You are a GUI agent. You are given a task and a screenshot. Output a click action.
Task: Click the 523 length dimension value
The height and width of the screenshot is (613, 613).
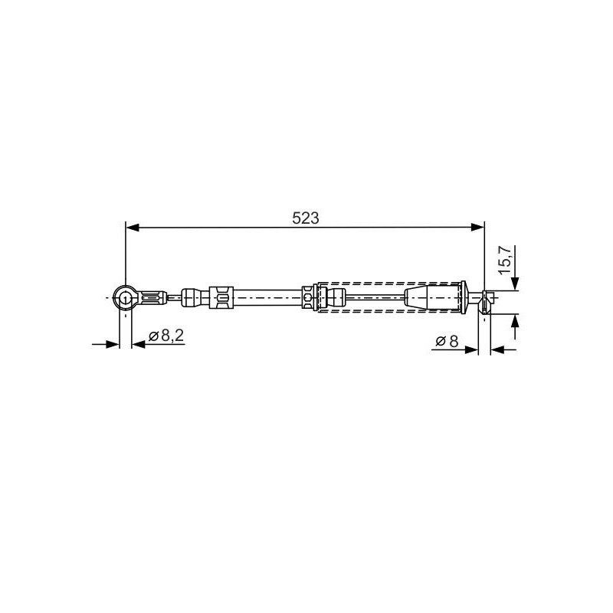305,218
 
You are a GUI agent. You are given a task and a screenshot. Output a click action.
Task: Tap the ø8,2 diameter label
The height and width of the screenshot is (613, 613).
166,336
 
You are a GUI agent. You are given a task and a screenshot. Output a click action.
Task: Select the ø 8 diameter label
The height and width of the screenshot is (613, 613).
447,341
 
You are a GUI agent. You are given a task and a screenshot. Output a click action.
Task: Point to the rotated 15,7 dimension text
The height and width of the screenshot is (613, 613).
505,260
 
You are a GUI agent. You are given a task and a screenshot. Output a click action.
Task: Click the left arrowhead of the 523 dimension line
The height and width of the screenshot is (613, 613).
132,227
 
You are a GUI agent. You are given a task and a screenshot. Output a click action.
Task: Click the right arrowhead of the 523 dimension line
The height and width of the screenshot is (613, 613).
477,227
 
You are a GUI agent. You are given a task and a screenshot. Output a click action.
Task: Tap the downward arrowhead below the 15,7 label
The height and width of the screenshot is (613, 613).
515,284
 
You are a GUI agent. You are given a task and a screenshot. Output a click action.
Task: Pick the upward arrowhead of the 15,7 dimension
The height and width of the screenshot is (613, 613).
515,320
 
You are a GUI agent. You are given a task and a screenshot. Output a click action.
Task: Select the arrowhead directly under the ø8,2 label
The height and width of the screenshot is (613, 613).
139,344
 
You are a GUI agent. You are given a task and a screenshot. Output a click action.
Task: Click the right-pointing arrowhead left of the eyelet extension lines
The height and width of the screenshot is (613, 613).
112,344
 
